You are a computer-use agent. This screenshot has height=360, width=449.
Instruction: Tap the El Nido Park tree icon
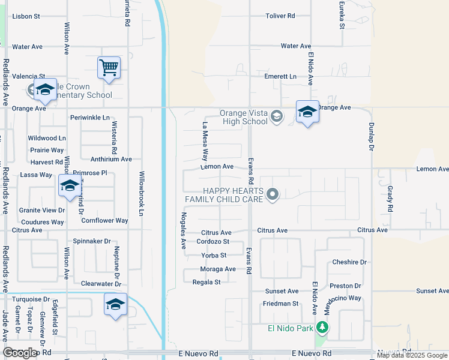[323, 328]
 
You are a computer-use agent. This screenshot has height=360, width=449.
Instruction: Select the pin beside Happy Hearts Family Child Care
[273, 194]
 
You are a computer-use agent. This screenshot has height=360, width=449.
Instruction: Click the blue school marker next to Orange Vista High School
[307, 112]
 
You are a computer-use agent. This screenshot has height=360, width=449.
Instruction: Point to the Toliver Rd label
[281, 16]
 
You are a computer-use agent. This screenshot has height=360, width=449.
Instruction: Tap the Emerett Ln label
[281, 77]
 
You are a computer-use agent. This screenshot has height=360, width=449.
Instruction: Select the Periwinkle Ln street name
[90, 118]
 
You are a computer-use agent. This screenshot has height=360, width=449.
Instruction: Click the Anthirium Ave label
[110, 159]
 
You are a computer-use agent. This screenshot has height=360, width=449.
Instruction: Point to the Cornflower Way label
[104, 221]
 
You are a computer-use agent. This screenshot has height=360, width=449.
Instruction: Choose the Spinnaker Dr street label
[92, 241]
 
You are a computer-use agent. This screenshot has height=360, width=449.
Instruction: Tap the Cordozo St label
[213, 242]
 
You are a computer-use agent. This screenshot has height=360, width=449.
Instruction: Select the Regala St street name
[206, 282]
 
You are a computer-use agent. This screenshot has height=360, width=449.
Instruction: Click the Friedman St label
[280, 304]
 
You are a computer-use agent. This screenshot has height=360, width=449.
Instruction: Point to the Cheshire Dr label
[349, 262]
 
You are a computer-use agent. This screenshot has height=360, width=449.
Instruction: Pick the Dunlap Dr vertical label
[371, 138]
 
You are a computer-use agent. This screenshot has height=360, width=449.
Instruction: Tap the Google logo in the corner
[20, 353]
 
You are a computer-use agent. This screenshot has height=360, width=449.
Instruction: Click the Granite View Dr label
[42, 210]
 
